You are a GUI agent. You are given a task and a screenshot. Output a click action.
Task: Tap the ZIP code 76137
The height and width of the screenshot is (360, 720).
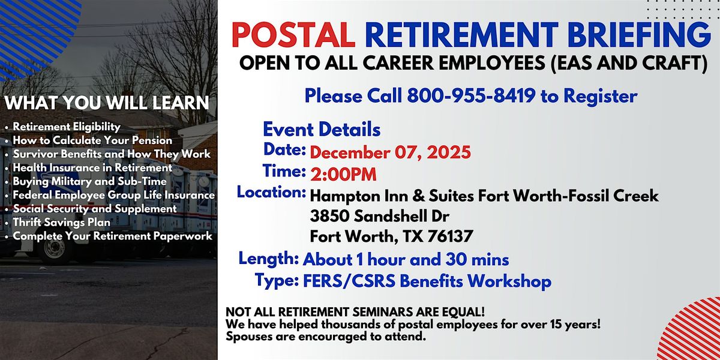(451, 236)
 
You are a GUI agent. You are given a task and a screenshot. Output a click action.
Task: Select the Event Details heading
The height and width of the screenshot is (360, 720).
(322, 129)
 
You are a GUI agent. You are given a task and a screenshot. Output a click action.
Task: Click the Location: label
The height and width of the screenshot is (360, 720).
(271, 193)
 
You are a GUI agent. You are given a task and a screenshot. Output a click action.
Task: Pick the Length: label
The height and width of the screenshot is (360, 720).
(269, 259)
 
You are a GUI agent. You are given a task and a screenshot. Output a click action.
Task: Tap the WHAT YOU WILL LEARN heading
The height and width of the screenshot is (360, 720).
(107, 103)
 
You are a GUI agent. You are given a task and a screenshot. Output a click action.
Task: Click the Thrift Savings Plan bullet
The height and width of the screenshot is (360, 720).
(62, 223)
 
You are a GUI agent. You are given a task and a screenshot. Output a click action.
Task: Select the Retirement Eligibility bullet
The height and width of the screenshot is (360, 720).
(67, 127)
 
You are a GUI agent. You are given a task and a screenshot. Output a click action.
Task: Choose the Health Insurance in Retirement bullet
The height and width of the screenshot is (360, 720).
(92, 168)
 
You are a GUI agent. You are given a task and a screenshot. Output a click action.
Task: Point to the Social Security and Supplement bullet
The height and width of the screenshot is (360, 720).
(95, 209)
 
